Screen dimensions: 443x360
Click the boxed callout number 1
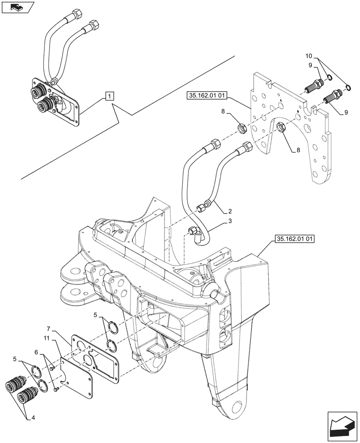pos(110,96)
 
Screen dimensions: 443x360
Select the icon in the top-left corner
pos(17,8)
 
